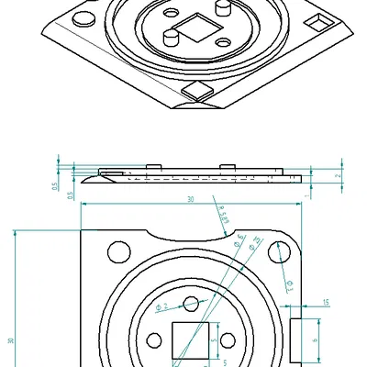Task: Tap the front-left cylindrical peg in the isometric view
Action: [171, 38]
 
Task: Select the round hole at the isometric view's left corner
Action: [82, 18]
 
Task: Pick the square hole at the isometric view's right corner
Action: [317, 21]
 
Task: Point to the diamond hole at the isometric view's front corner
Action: [196, 90]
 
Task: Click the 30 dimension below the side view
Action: [191, 198]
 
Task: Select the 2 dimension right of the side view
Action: [339, 175]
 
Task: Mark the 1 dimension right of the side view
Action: [306, 195]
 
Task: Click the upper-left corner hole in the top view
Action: [118, 250]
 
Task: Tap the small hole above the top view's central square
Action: [191, 305]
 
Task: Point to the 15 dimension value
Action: [327, 301]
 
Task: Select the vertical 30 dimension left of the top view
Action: [10, 340]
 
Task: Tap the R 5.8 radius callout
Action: [224, 217]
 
